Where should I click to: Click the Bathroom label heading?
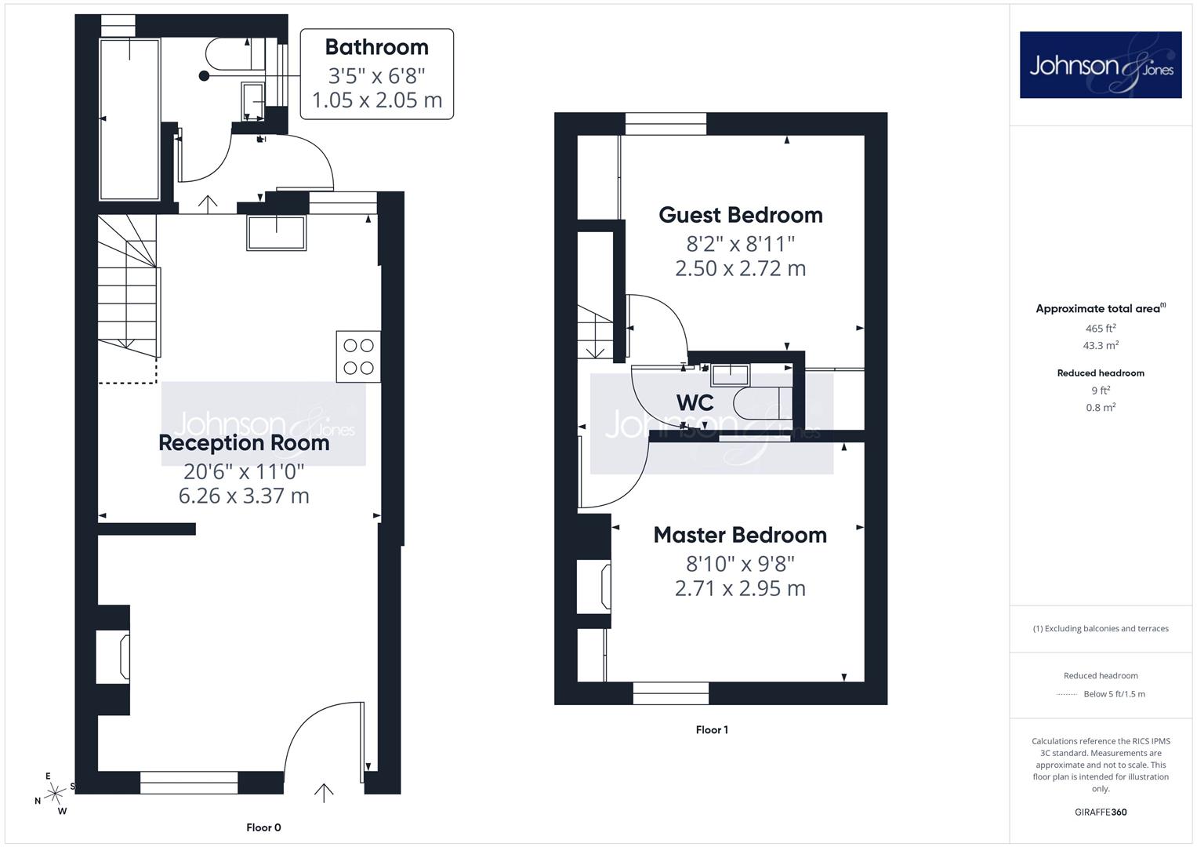(377, 47)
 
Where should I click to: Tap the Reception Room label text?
(244, 443)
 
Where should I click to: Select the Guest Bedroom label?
(741, 215)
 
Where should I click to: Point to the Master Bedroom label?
(740, 535)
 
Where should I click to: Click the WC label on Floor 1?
(695, 402)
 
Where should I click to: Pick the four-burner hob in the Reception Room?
(358, 357)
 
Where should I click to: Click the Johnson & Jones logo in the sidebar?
(1101, 64)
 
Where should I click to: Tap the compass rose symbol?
(55, 794)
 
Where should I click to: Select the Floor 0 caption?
(263, 827)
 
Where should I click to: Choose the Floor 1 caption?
(712, 730)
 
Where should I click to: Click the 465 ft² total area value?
(1101, 329)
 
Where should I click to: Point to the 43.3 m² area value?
(1101, 345)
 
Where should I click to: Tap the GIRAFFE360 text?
(1101, 812)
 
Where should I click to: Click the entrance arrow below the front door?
(323, 793)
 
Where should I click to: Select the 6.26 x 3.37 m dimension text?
(244, 496)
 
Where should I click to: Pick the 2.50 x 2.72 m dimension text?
(740, 268)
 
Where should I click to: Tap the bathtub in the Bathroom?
(130, 119)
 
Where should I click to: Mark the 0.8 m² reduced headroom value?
(1101, 408)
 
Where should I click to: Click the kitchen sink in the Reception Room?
(276, 233)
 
